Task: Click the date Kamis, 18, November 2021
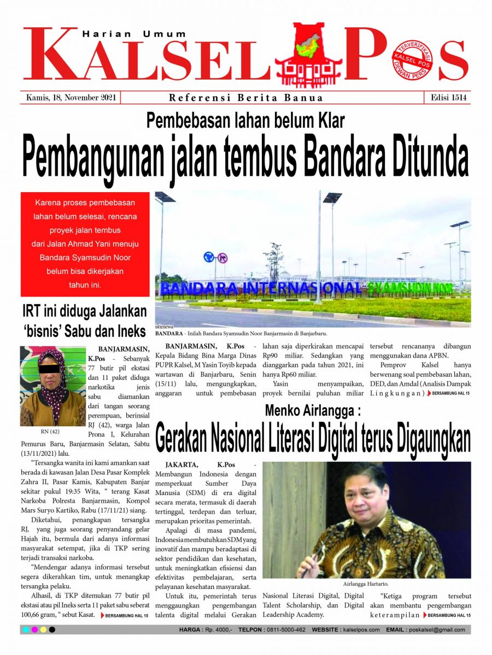71,98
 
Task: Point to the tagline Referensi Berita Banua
245,98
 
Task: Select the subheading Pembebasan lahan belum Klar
245,120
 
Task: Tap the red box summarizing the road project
85,243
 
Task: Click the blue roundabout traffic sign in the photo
208,257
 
